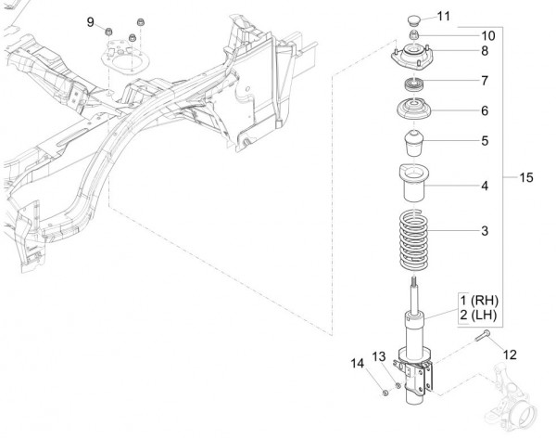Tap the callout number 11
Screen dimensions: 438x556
click(442, 16)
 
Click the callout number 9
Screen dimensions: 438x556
click(91, 21)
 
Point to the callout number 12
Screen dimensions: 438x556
click(509, 354)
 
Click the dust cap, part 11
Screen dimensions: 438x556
click(412, 19)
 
